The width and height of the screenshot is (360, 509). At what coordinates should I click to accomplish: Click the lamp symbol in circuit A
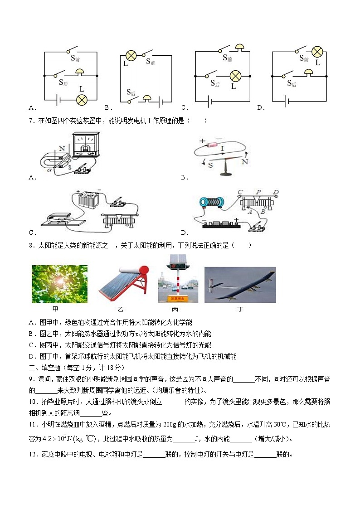pos(82,100)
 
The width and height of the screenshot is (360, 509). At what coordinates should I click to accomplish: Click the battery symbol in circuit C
pos(209,101)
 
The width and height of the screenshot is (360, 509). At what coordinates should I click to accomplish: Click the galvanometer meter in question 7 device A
pos(85,145)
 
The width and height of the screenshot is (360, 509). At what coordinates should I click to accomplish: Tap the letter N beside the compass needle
pos(245,161)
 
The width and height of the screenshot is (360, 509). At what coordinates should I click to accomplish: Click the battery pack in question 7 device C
pos(89,199)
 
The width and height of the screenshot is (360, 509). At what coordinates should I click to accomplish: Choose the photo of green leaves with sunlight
pos(60,284)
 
